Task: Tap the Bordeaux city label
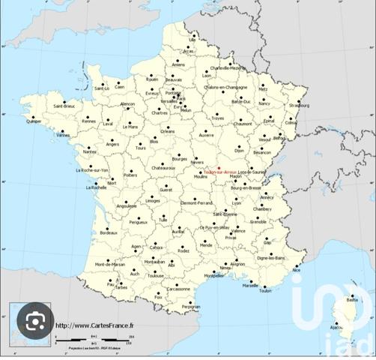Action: (x=109, y=233)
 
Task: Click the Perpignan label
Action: (x=191, y=306)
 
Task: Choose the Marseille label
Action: (x=250, y=285)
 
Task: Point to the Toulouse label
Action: (x=155, y=276)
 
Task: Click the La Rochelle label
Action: (x=98, y=187)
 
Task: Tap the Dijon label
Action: (x=239, y=151)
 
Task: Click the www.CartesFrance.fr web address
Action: (x=94, y=325)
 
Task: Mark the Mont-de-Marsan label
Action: (x=109, y=265)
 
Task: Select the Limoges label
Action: (x=153, y=201)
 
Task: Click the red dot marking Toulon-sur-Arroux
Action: (x=219, y=167)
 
